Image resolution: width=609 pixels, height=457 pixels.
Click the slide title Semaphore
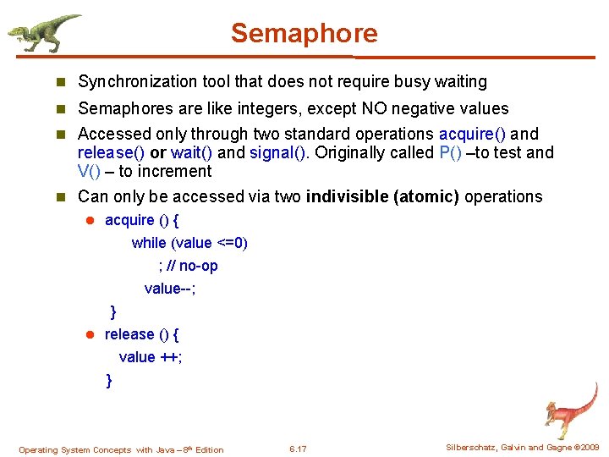(304, 34)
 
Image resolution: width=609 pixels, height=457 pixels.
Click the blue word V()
(90, 172)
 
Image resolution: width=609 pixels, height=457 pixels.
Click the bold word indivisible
(345, 197)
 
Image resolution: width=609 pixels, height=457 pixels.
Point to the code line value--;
(170, 289)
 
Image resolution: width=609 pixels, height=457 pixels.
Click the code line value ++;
(151, 357)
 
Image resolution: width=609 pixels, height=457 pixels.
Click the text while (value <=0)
(189, 243)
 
